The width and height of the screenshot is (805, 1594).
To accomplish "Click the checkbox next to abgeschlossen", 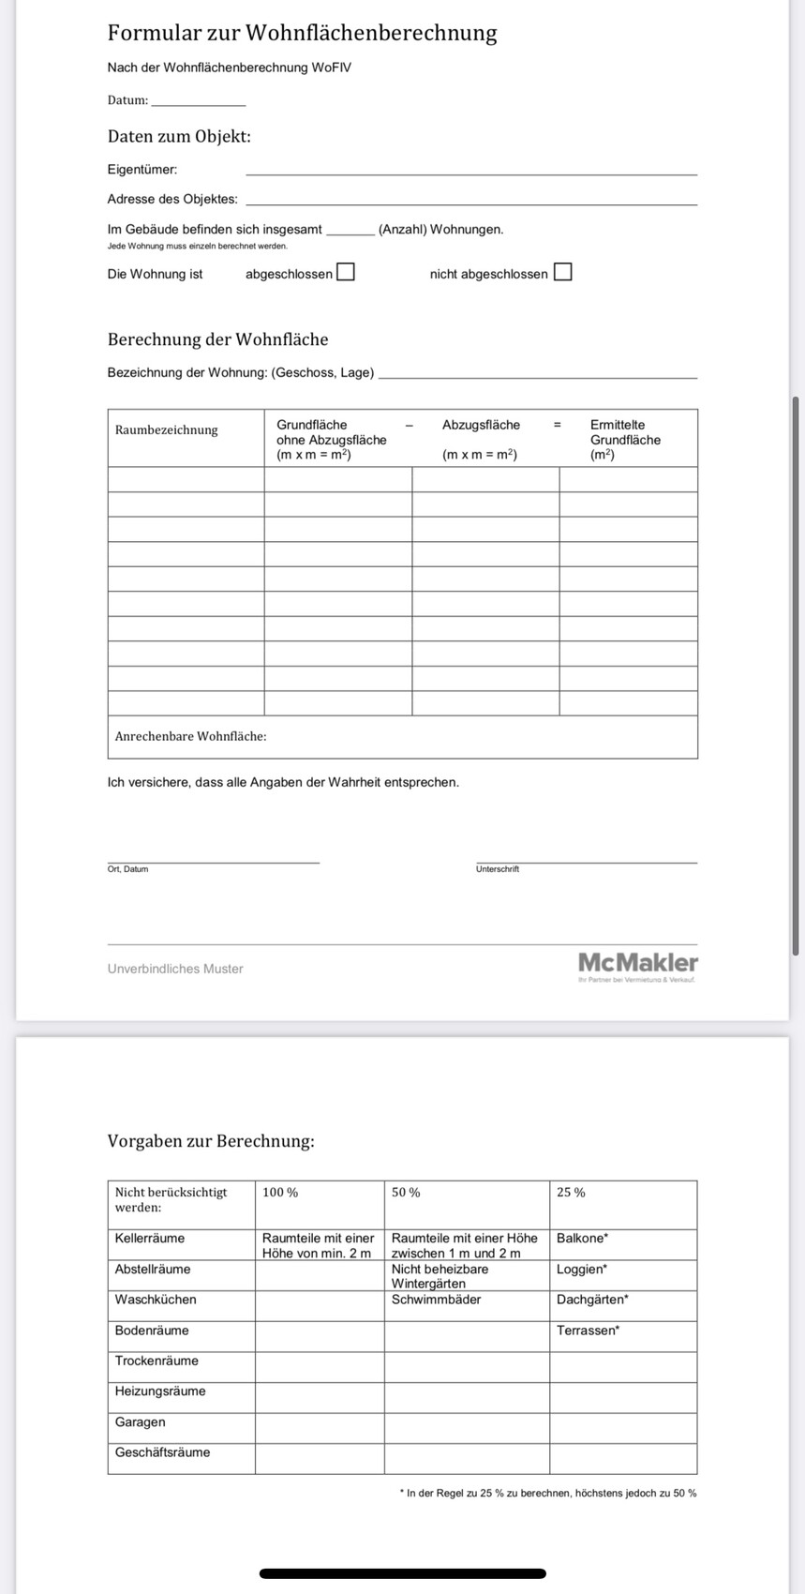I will pos(346,273).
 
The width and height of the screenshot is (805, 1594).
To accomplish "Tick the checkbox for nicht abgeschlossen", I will pos(562,273).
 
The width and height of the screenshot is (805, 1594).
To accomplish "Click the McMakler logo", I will pos(637,964).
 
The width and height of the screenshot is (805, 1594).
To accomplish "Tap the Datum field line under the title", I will pos(198,101).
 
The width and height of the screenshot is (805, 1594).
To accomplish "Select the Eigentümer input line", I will pos(470,171).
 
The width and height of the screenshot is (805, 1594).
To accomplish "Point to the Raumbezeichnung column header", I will pos(167,430).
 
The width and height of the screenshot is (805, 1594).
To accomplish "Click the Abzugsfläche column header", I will pos(481,425).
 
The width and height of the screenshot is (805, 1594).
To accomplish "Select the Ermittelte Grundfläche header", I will pos(625,439).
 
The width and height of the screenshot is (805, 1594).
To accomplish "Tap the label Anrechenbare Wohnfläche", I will pos(191,737).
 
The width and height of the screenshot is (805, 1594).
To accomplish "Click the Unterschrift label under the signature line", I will pos(498,869).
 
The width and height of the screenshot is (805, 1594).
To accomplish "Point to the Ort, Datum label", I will pos(128,869).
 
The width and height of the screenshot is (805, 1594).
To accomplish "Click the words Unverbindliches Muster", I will pos(175,969).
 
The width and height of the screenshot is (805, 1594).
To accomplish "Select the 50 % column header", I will pos(406,1193).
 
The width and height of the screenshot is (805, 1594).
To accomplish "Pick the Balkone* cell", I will pos(582,1239).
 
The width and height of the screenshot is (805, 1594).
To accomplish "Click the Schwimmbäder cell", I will pos(436,1300).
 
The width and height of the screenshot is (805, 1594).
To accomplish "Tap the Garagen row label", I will pos(141,1422).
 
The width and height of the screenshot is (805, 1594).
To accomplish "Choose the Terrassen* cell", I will pos(588,1331).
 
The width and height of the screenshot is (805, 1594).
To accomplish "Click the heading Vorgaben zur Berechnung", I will pos(211,1142).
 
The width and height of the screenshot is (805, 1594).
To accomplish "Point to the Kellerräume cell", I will pos(150,1239).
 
